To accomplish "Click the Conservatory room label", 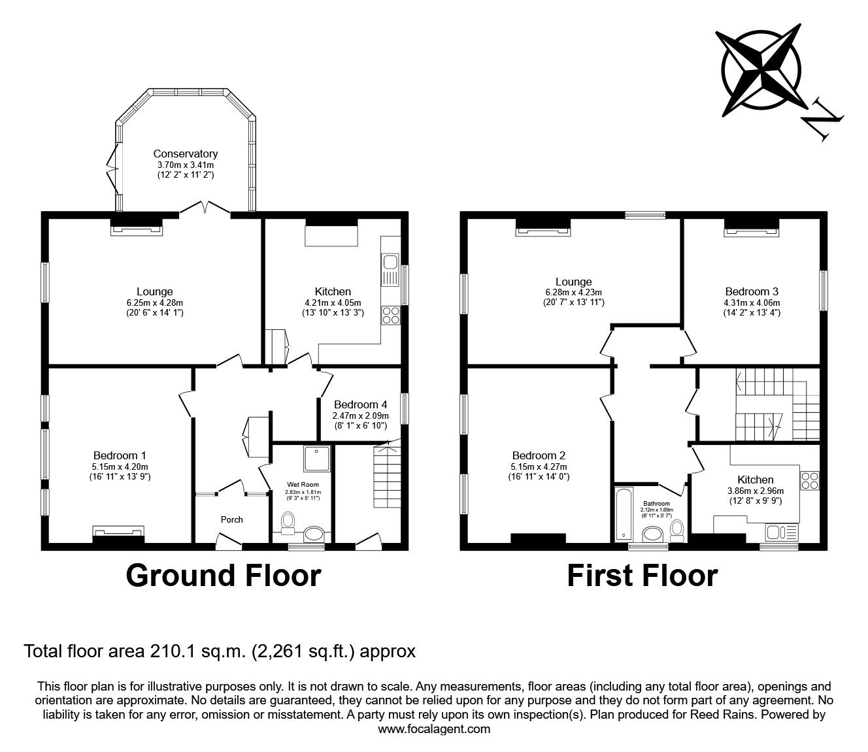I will point(185,154).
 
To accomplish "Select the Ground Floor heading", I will point(223,576).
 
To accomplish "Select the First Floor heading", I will point(642,576).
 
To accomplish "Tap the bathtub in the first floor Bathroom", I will point(622,514).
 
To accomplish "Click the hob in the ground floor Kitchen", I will point(391,315).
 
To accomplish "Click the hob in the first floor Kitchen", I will point(810,480).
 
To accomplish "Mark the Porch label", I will point(231,519).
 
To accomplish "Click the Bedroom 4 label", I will point(361,404).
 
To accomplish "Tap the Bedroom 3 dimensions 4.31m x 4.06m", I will point(752,302).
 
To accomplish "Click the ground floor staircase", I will point(388,477).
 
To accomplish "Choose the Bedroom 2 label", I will point(539,455).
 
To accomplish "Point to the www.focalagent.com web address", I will point(434,729).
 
